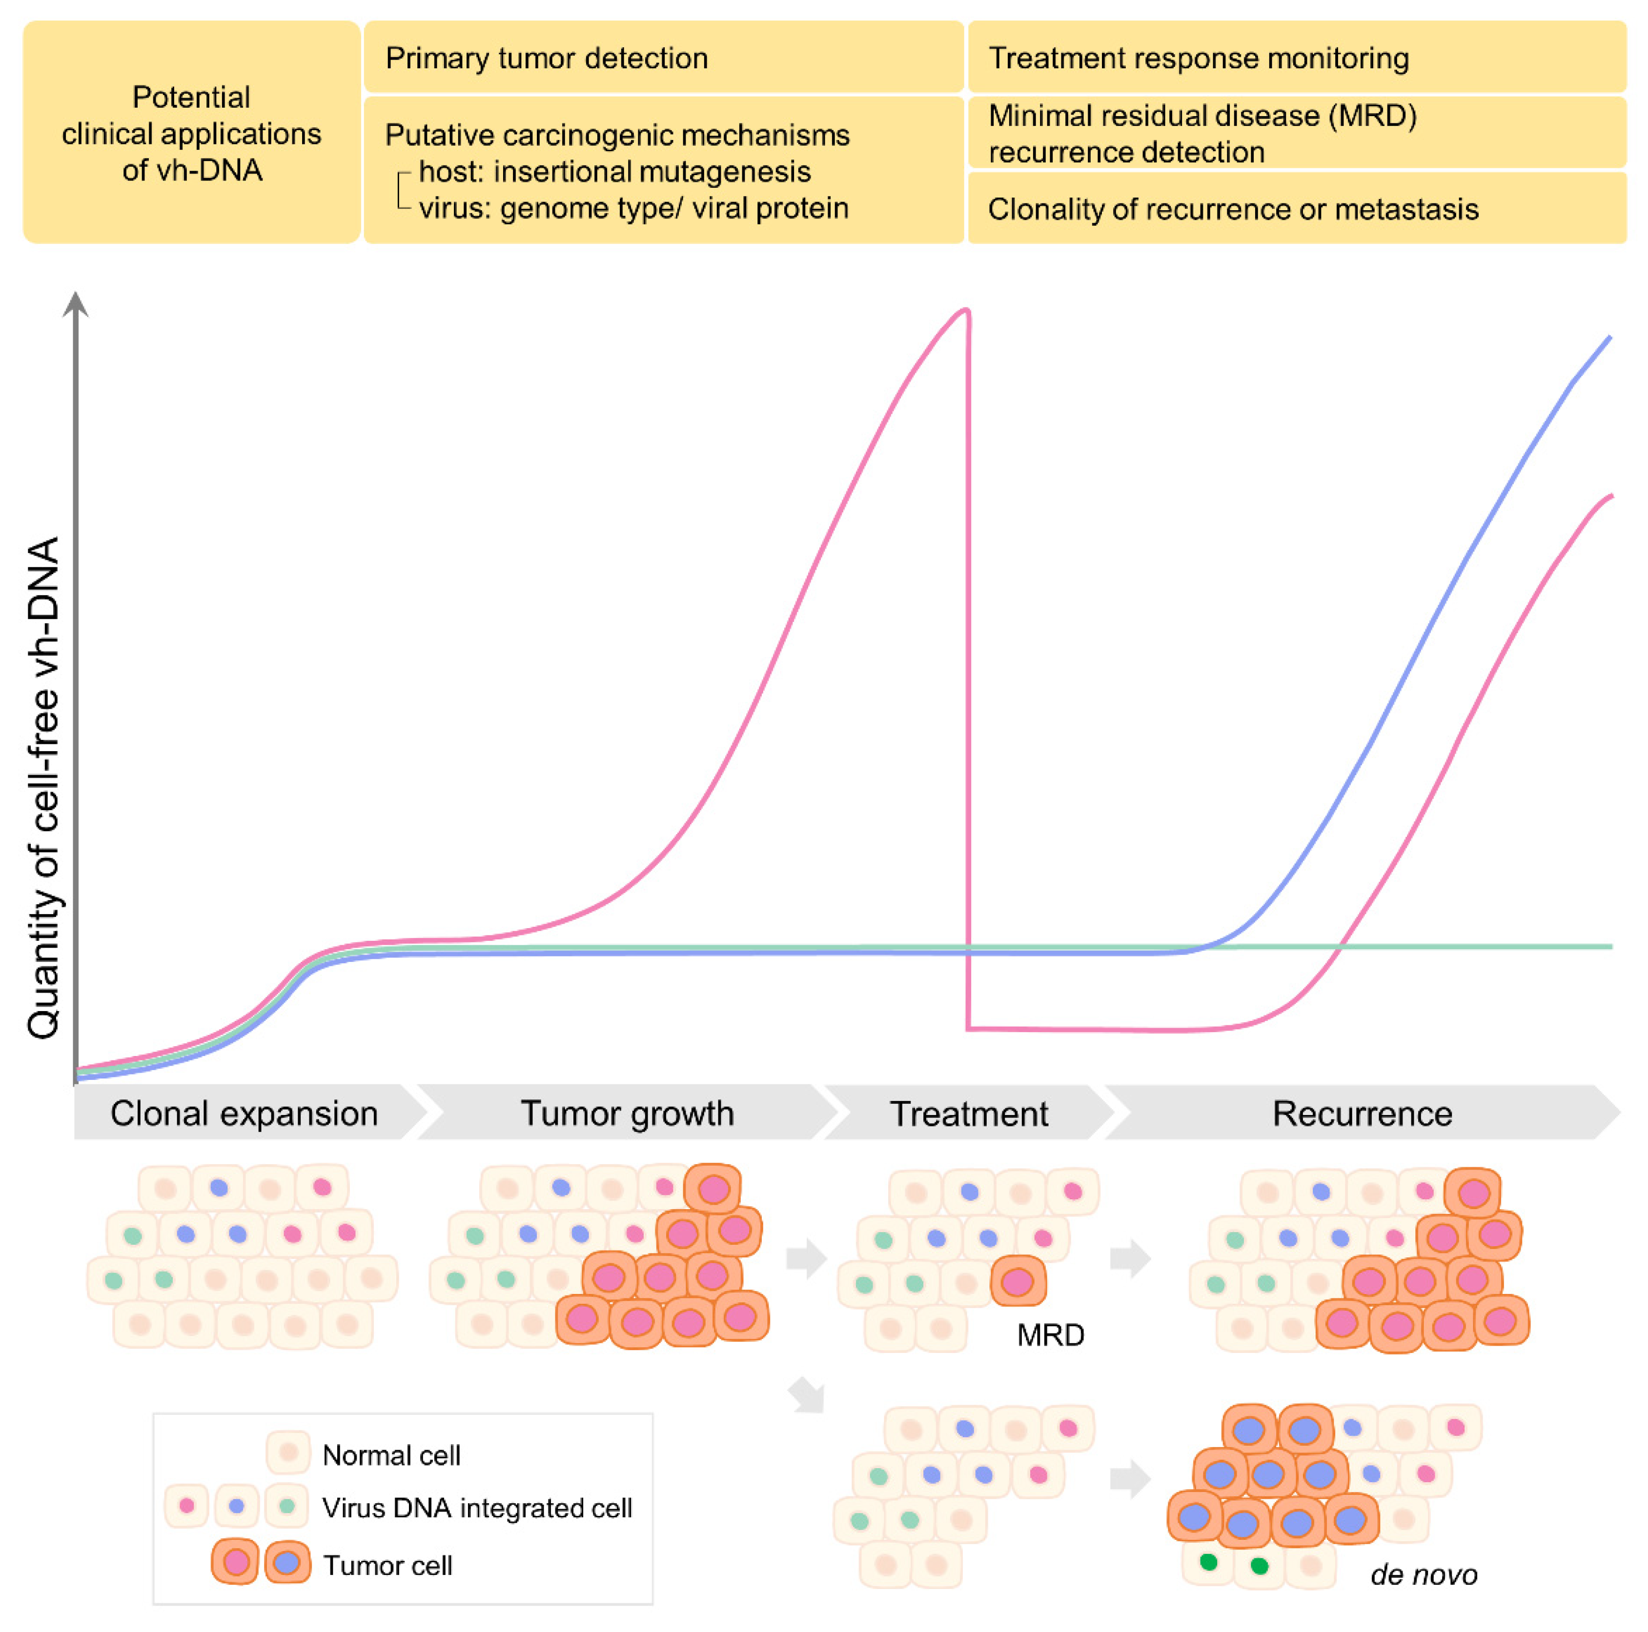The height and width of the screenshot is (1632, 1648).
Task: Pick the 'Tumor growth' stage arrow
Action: [627, 1113]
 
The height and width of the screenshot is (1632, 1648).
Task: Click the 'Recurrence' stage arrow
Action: [1362, 1113]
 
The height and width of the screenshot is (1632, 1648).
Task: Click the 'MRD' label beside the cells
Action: [1050, 1334]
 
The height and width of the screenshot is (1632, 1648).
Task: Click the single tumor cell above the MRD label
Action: [1017, 1281]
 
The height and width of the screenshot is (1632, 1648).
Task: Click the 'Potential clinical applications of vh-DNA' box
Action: [191, 133]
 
